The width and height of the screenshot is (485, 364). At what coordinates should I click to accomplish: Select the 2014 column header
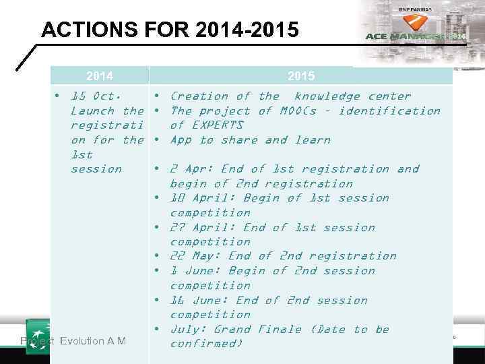point(100,76)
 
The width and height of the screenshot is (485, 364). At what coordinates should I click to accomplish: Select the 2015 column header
point(301,76)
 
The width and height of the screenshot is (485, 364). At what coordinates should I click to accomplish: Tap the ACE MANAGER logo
point(415,35)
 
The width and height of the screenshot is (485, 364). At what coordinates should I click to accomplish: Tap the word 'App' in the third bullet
point(181,140)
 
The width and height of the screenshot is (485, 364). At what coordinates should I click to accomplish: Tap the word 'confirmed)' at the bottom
point(206,344)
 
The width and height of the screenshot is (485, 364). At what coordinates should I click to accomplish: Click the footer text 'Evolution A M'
point(92,341)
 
